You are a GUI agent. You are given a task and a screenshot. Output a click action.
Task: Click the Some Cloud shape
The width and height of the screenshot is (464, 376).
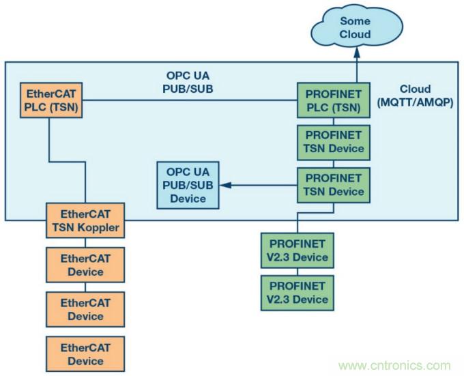(355, 28)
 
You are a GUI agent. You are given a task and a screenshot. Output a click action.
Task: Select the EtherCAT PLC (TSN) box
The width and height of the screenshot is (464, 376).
(48, 100)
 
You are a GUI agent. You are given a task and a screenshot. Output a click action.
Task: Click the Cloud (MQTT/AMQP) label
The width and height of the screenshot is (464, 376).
(414, 96)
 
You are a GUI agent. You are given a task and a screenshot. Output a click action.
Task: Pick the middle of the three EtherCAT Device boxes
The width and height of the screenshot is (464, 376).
(85, 309)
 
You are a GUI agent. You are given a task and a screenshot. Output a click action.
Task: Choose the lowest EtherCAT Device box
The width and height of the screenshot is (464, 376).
(85, 353)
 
